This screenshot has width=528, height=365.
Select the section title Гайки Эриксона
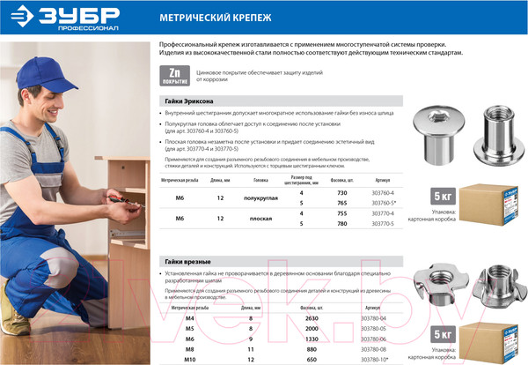click(189, 102)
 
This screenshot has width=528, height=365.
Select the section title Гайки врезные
click(187, 262)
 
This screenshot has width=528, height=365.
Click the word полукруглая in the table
click(260, 199)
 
